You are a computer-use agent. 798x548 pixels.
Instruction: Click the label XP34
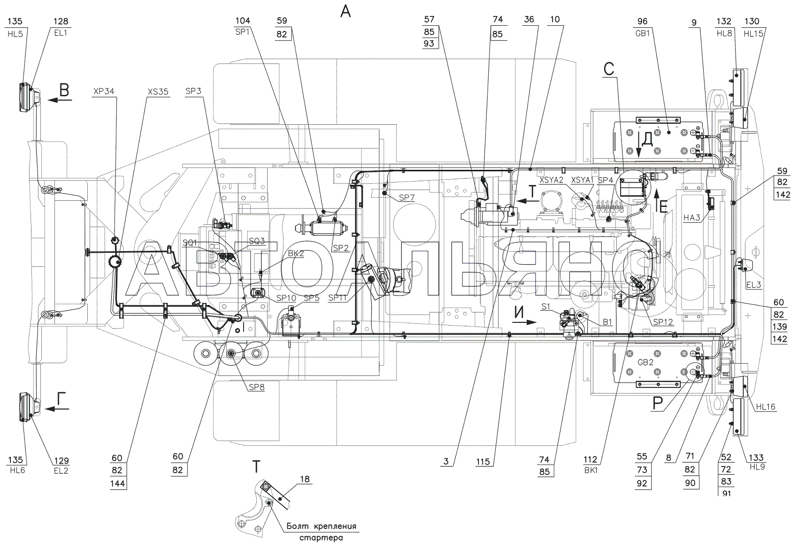[x=104, y=91]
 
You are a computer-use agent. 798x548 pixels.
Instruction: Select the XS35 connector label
[x=158, y=91]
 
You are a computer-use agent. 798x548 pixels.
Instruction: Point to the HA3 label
[x=692, y=217]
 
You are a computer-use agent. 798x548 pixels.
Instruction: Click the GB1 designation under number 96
[x=643, y=33]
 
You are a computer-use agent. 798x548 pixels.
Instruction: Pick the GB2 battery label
[x=645, y=362]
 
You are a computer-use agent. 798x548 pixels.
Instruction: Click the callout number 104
[x=243, y=20]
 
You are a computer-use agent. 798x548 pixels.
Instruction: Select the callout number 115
[x=483, y=462]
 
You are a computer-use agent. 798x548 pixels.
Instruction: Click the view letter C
[x=609, y=68]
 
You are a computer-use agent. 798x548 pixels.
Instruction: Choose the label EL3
[x=753, y=285]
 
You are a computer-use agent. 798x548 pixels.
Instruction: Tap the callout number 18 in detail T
[x=305, y=479]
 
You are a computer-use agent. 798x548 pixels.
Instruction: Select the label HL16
[x=766, y=407]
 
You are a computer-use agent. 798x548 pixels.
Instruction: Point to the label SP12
[x=663, y=322]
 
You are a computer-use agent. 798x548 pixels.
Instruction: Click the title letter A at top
[x=345, y=11]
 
